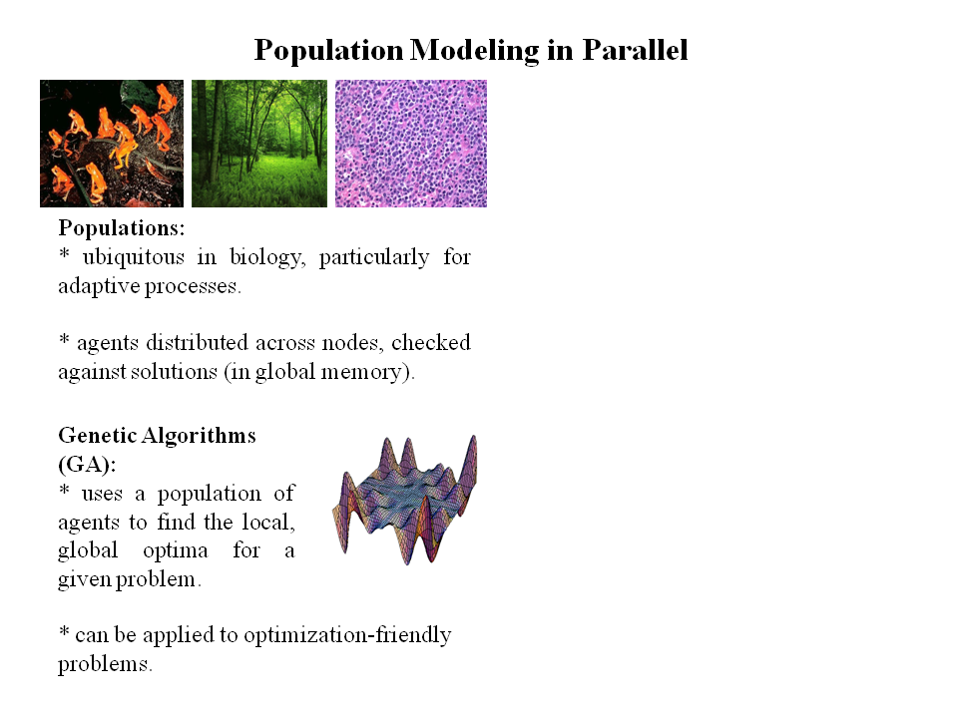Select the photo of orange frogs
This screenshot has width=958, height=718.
tap(112, 144)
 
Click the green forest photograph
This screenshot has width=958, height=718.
tap(259, 144)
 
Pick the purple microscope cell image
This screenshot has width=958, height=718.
tap(411, 144)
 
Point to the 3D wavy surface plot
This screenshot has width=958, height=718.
tap(404, 499)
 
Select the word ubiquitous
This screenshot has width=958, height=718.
tap(129, 257)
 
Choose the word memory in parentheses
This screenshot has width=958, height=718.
tap(365, 372)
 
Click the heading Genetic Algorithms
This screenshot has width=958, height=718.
tap(157, 436)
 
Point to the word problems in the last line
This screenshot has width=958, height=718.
tap(105, 664)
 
